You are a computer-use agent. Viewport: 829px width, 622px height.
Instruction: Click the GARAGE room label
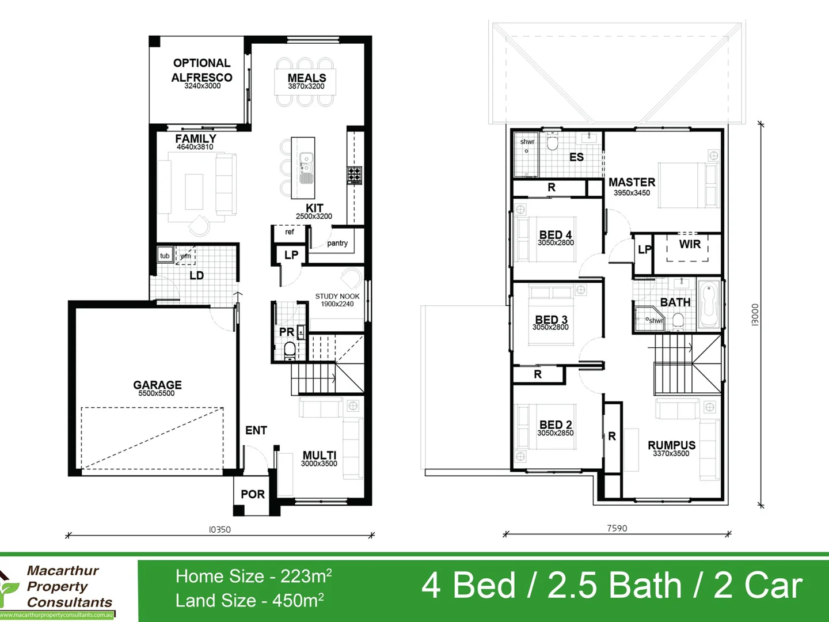click(157, 385)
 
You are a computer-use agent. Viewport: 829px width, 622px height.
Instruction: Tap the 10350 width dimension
click(219, 529)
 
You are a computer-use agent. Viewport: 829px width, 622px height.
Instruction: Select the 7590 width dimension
click(617, 528)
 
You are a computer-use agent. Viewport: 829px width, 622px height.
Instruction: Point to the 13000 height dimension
click(755, 315)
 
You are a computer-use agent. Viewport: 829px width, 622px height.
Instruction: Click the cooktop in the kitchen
click(354, 174)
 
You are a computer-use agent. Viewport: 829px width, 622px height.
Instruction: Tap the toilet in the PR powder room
click(290, 349)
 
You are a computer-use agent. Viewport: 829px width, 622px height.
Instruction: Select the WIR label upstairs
click(690, 244)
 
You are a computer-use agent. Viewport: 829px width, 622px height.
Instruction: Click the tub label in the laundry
click(165, 256)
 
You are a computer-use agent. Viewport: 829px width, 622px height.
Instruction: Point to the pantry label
click(337, 243)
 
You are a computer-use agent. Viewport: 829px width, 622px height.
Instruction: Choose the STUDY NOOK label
click(337, 296)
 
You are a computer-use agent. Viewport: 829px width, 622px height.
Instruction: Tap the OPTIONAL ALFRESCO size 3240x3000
click(202, 86)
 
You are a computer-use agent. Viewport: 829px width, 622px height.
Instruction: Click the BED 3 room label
click(551, 320)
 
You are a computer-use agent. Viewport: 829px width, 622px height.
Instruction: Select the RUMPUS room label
click(671, 445)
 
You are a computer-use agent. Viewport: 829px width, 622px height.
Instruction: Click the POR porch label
click(253, 494)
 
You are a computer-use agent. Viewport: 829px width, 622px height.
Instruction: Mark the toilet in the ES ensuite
click(553, 142)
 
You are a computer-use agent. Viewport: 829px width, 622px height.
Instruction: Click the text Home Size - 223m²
click(253, 576)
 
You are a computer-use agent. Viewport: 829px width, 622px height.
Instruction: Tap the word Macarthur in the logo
click(63, 571)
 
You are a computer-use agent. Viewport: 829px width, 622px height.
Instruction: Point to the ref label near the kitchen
click(289, 232)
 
